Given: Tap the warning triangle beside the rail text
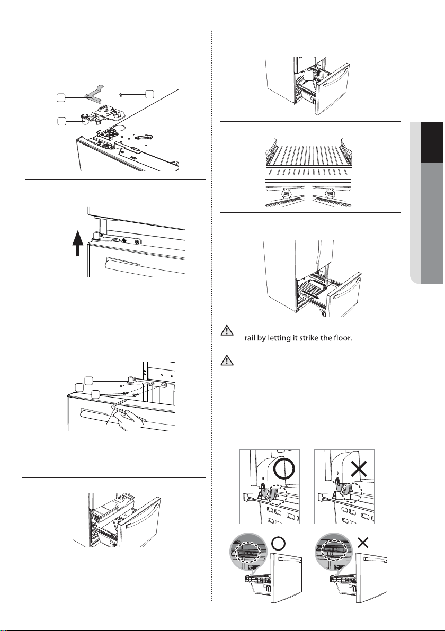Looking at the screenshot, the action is click(x=227, y=331).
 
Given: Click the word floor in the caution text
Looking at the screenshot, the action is click(x=343, y=338).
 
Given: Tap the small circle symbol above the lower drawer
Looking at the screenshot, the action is click(x=279, y=543).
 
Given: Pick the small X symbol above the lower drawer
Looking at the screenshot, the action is click(x=363, y=543).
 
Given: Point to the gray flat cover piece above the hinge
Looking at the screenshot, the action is click(x=95, y=92).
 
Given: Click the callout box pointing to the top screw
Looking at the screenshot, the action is click(x=149, y=93).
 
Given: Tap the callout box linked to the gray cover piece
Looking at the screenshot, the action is click(x=61, y=97).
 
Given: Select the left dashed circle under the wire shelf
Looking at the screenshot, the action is click(x=286, y=194).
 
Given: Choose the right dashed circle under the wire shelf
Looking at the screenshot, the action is click(x=330, y=194).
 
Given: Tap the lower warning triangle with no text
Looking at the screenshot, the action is click(x=227, y=360).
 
